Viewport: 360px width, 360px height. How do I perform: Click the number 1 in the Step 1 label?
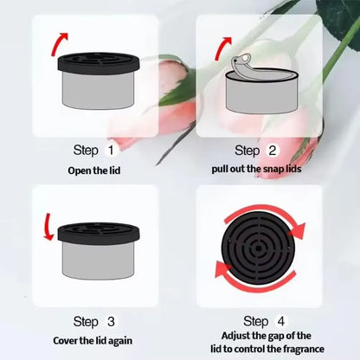coord(110,151)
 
